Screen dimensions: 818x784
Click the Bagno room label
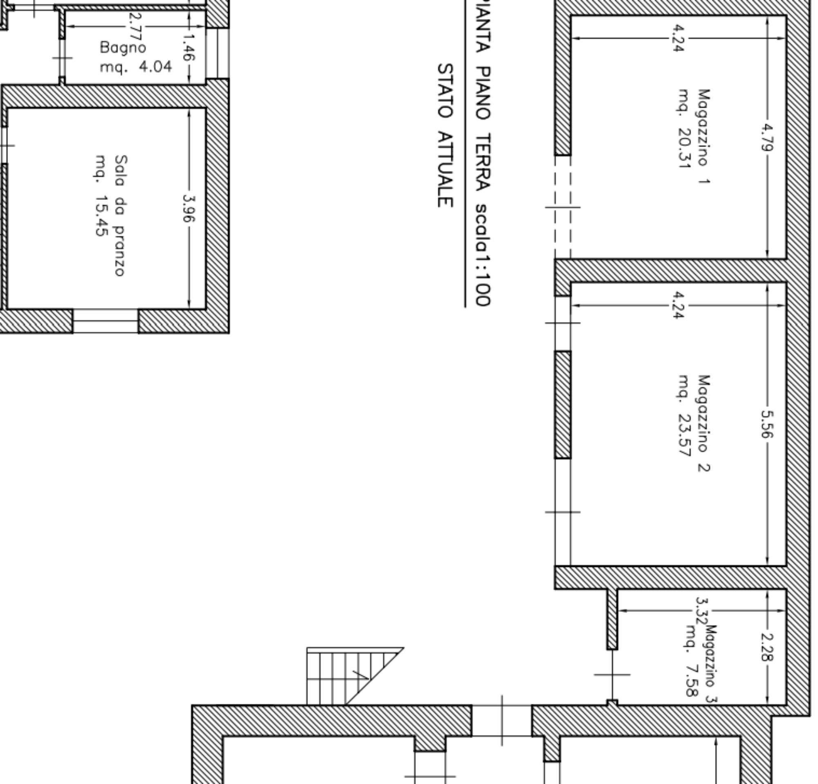coord(123,48)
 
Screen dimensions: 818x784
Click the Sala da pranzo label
coord(120,215)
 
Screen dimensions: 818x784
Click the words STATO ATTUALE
coord(445,136)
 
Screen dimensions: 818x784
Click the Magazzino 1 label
coord(703,136)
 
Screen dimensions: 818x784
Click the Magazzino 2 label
coord(703,423)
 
